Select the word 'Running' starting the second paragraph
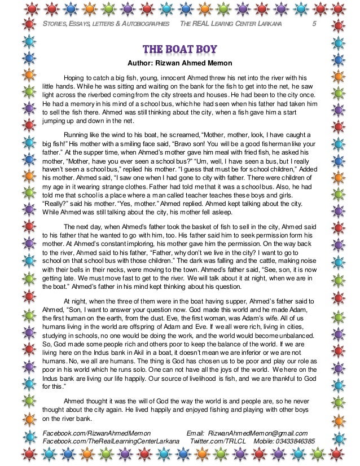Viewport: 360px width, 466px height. click(77, 135)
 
